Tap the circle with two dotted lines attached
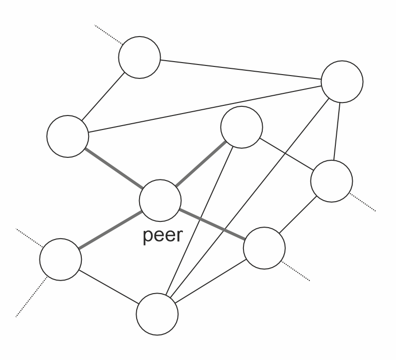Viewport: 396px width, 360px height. pos(60,259)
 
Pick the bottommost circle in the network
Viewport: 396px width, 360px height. pos(157,314)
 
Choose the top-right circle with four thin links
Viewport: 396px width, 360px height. pos(342,82)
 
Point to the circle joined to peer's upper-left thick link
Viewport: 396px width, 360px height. pos(67,136)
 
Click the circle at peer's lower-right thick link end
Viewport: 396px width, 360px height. pos(264,248)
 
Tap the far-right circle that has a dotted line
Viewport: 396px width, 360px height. pos(332,181)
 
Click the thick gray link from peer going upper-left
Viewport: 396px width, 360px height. pos(114,168)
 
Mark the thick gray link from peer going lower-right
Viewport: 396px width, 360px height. pos(212,224)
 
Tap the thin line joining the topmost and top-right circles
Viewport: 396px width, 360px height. pos(241,69)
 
